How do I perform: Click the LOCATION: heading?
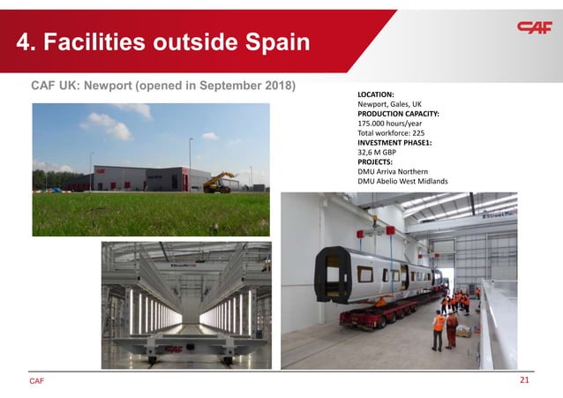(375, 94)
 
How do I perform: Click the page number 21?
(524, 381)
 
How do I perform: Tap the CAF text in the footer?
(36, 382)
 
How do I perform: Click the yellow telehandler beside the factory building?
(217, 182)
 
